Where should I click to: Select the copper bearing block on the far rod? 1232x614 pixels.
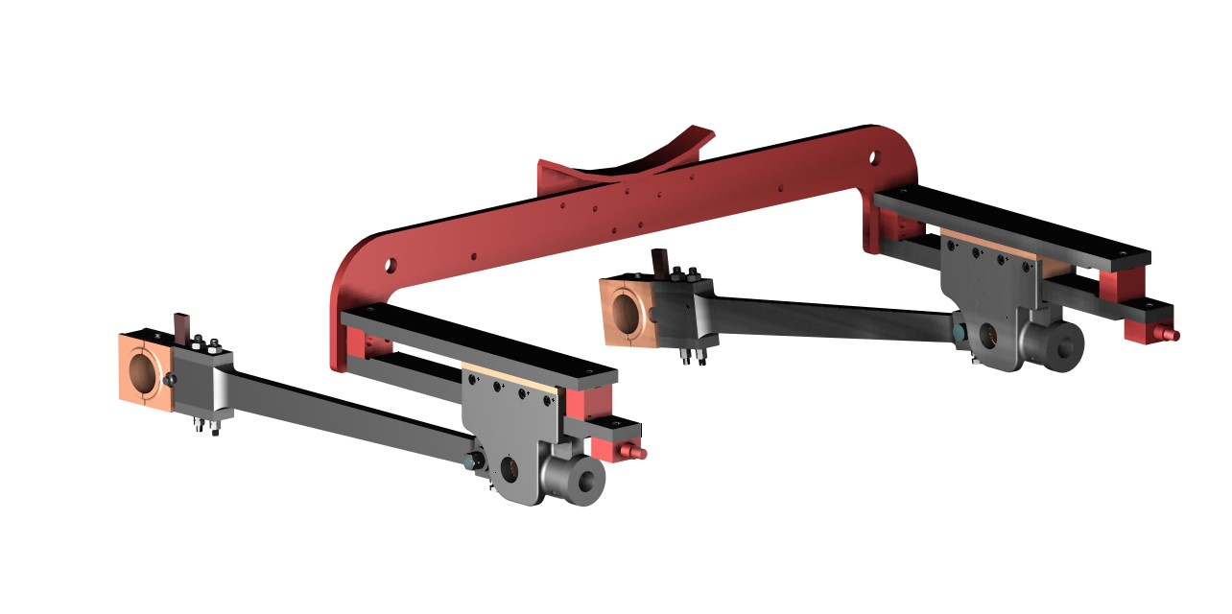coord(625,308)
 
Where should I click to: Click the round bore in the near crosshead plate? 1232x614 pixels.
coord(509,470)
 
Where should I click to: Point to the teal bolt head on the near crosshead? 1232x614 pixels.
coord(468,462)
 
